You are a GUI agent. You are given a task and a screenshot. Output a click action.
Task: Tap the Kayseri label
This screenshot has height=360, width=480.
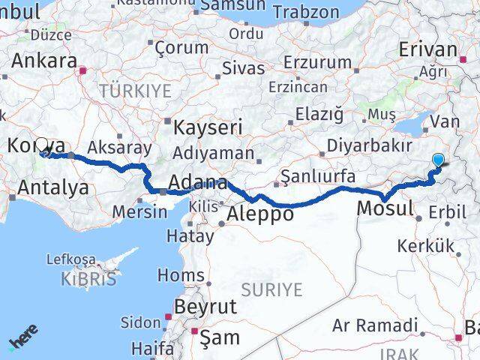point(202,127)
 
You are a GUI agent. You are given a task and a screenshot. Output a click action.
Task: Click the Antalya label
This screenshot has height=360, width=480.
point(52,187)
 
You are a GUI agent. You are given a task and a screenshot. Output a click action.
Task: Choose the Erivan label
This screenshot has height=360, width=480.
point(427,49)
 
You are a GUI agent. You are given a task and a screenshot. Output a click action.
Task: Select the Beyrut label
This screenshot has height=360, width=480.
point(205,307)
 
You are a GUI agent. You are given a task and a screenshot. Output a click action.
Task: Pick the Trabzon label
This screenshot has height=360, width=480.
point(305,12)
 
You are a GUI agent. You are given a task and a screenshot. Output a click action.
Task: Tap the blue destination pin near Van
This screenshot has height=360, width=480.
point(438,159)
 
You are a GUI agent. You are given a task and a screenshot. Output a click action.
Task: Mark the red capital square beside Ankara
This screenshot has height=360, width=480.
point(84,72)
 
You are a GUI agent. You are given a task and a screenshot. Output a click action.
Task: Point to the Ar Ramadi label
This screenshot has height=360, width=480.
point(375,325)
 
